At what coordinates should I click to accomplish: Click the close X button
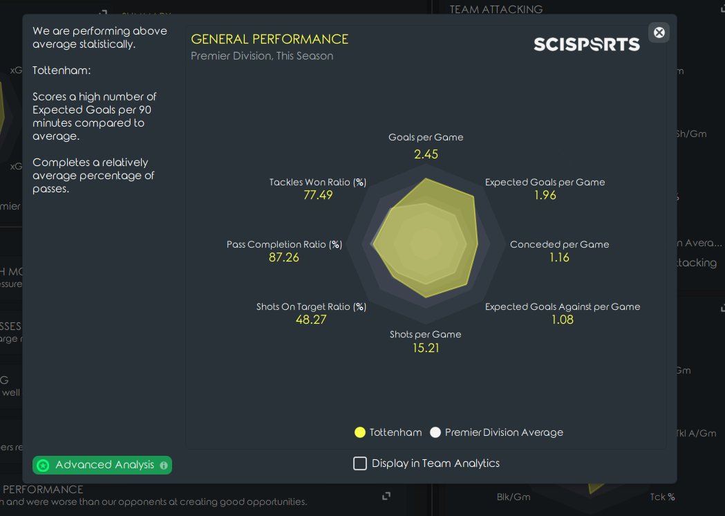point(659,33)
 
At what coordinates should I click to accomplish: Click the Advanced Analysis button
point(102,465)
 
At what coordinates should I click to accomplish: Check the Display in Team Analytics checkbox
point(360,463)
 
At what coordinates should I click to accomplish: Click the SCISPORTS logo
point(587,44)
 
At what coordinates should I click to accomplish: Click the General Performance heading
point(270,39)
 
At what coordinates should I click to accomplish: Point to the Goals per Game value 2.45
point(426,154)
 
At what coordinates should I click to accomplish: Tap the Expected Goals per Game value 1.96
point(545,195)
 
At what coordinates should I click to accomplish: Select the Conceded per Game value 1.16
point(559,257)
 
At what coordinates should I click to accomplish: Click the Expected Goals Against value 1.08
point(562,320)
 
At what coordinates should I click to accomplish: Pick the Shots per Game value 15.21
point(426,347)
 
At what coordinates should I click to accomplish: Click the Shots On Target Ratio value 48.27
point(311,320)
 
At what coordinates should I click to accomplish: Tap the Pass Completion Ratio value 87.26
point(284,257)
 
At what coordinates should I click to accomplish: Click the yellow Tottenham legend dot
point(359,432)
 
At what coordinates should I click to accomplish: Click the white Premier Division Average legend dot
point(435,432)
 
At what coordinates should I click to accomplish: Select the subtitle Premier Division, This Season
point(262,56)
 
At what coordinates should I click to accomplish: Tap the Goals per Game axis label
point(426,138)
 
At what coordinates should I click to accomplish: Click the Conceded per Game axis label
point(559,244)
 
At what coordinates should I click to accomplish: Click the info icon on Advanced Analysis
point(164,466)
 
